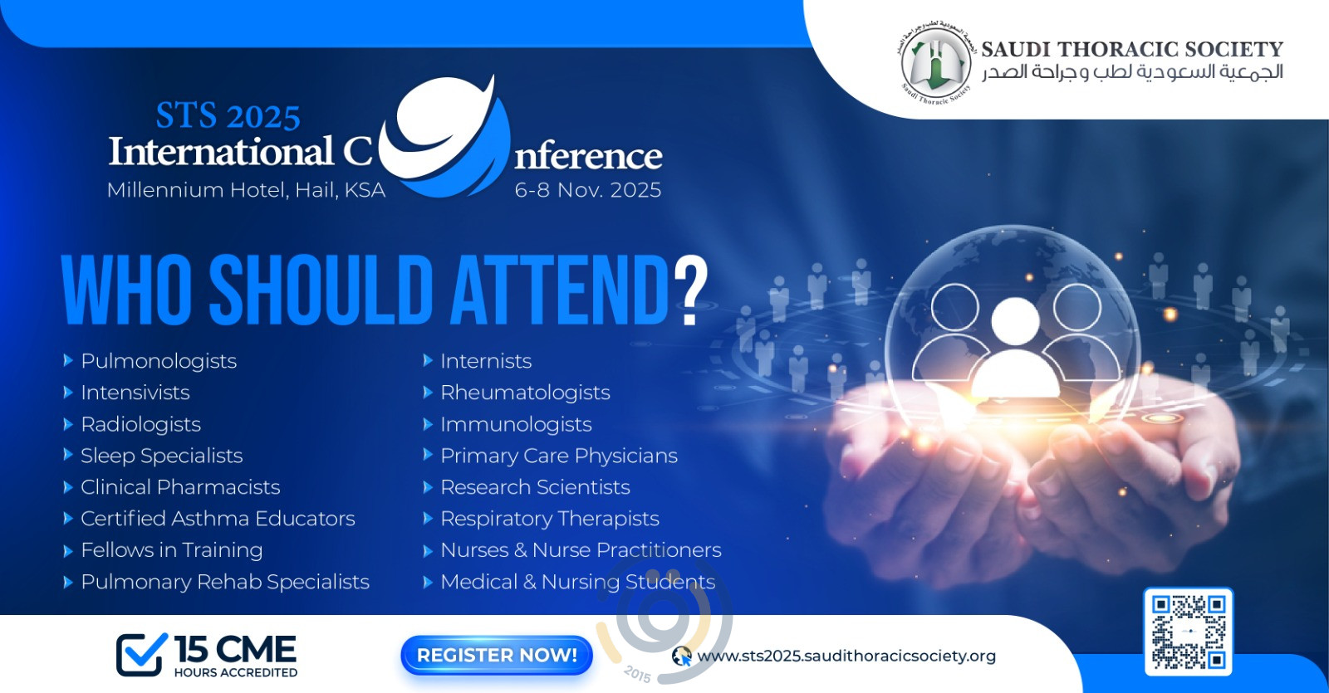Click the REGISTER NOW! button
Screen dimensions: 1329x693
[497, 655]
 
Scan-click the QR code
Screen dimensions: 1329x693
[1189, 632]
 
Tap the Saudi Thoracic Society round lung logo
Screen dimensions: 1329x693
[935, 63]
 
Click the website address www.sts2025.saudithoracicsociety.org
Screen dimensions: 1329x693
[846, 656]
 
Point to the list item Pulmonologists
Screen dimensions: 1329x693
[159, 361]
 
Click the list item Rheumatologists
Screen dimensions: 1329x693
[525, 393]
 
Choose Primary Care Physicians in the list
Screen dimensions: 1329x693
[559, 456]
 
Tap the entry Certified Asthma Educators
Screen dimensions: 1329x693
[218, 519]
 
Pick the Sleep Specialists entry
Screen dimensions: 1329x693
[162, 456]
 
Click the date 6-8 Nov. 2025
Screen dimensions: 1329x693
[588, 190]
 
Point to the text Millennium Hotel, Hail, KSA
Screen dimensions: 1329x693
[246, 190]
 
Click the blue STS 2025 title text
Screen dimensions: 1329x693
[228, 116]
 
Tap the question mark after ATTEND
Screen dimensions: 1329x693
[691, 290]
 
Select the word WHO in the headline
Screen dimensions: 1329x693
[132, 290]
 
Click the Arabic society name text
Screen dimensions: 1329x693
[1132, 71]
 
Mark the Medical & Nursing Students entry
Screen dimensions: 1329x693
[578, 582]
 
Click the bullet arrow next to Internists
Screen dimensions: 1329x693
[427, 360]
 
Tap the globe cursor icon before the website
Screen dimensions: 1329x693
[682, 656]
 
